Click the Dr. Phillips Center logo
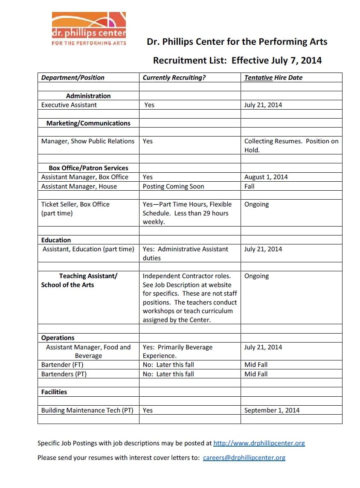89,29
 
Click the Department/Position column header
73,78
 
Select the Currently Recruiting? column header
174,78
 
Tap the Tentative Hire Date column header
273,78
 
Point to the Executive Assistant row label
69,105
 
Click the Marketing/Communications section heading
88,123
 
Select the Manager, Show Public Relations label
88,141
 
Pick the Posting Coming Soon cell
173,186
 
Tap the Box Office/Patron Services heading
88,168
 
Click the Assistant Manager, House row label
79,186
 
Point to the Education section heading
56,240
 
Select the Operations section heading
58,338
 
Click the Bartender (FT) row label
62,365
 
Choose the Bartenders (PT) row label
64,374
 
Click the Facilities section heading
54,392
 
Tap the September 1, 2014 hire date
272,410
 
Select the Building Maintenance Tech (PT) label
87,410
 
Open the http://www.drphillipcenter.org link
259,443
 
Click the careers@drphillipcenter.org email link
244,458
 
